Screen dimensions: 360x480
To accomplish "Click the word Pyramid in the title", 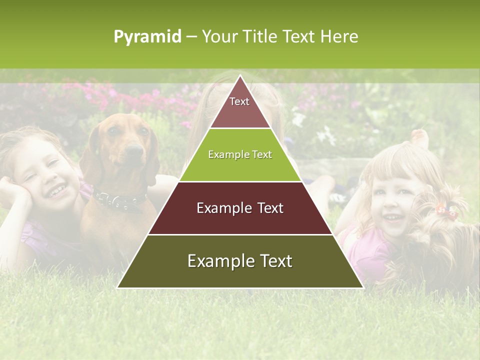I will [147, 37].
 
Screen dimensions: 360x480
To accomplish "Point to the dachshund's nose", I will [134, 149].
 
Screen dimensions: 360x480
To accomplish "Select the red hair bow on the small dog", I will [446, 211].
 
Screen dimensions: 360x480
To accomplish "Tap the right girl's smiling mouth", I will [393, 218].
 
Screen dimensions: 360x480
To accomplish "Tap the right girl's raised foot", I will [420, 137].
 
